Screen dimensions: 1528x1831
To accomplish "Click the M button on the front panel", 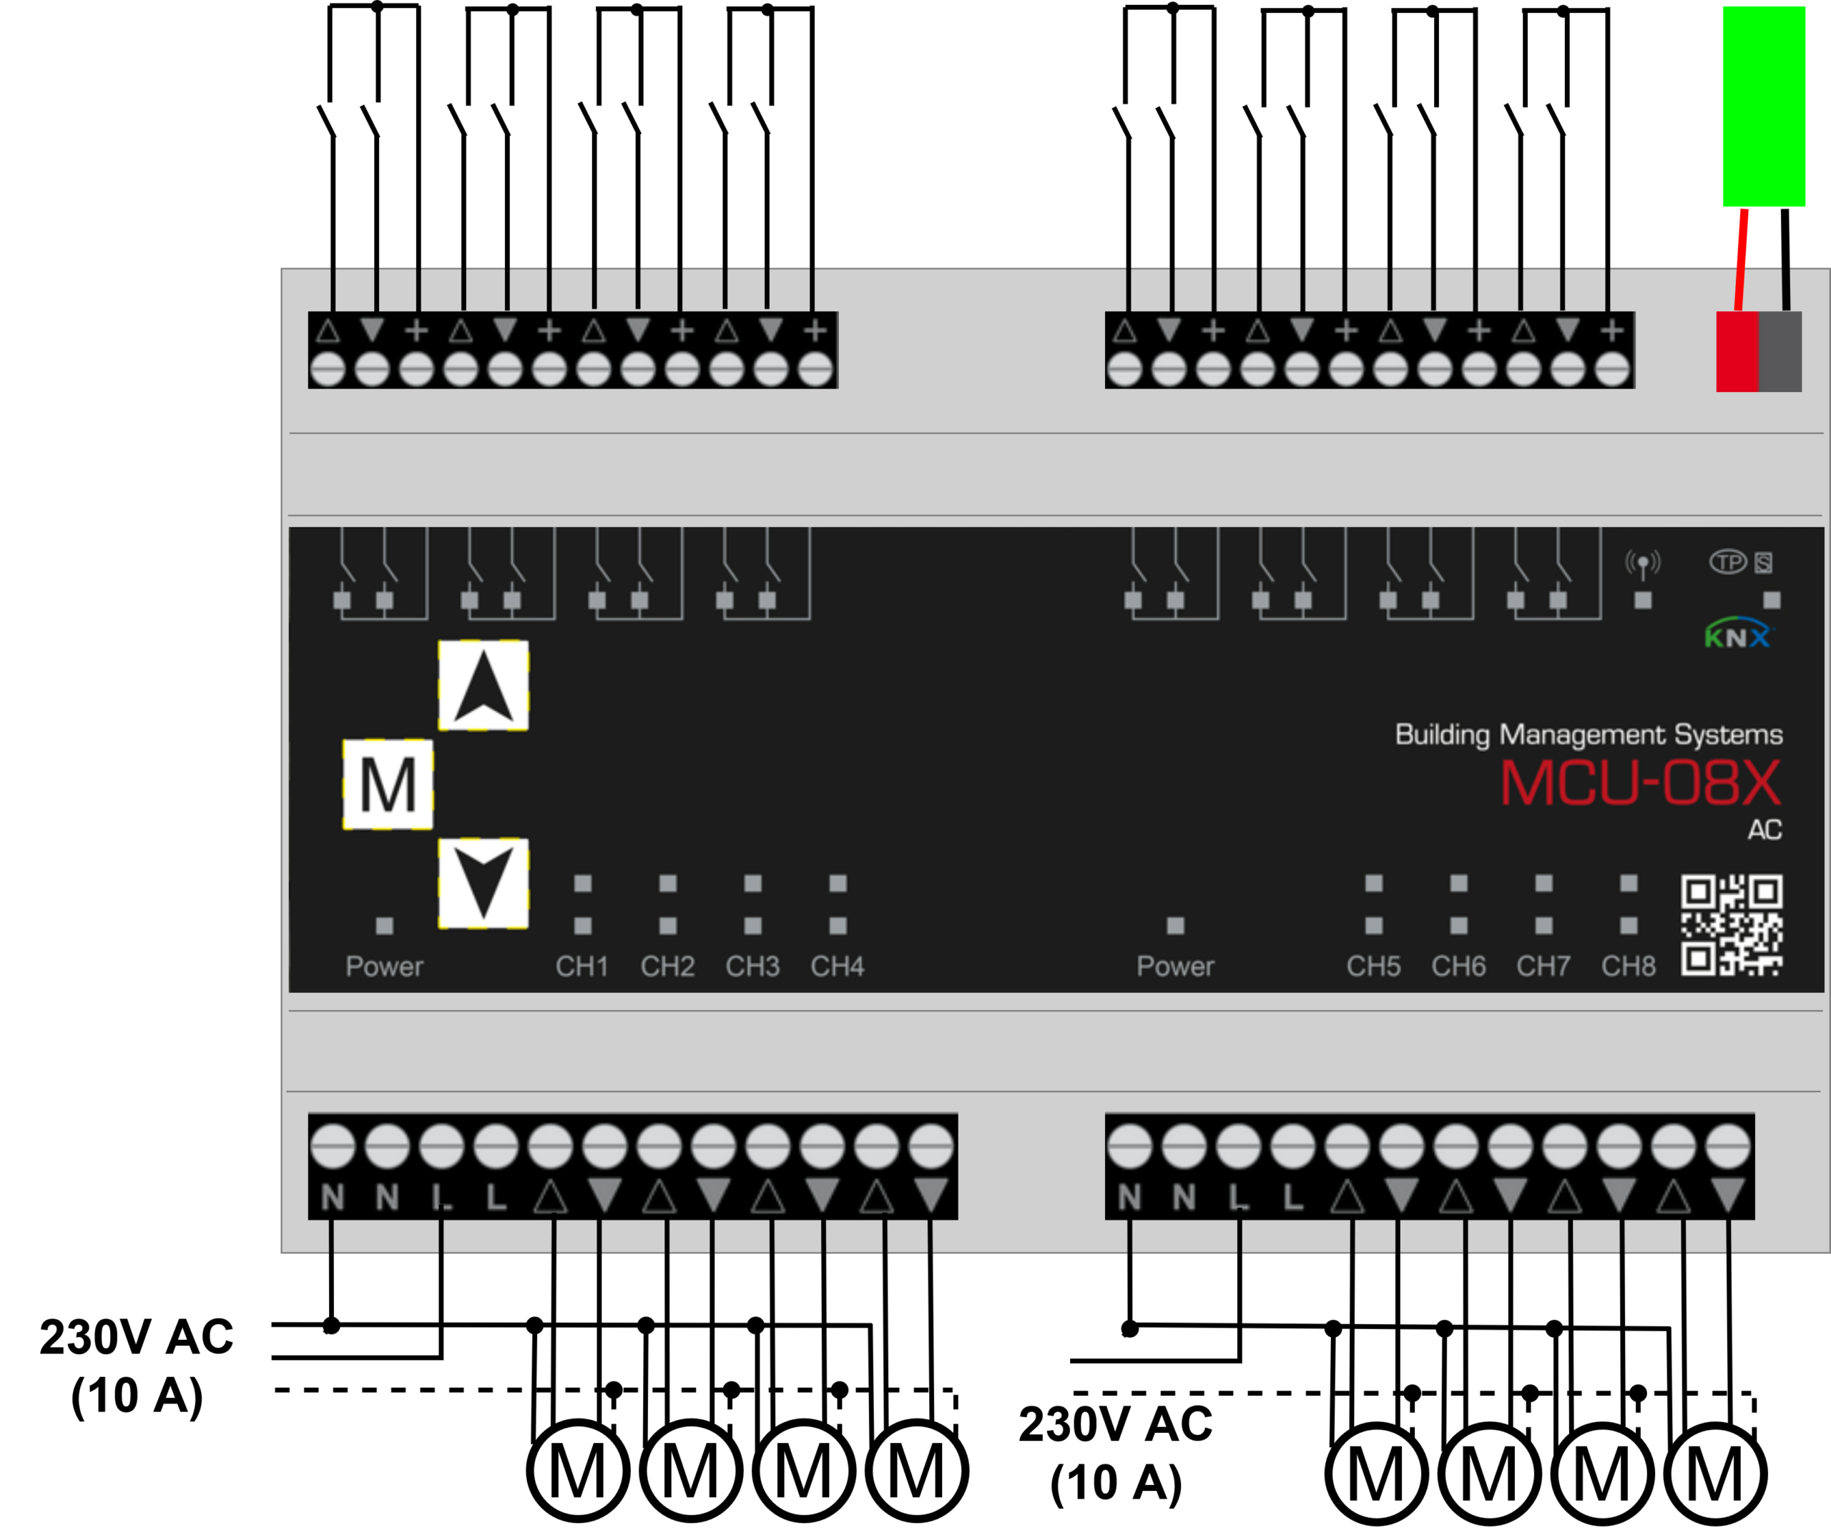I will tap(388, 785).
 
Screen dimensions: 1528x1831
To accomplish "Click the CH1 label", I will tap(581, 966).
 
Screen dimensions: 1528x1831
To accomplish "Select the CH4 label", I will tap(837, 966).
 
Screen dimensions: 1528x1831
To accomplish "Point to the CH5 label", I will tap(1373, 966).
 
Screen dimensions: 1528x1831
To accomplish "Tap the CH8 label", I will tap(1628, 966).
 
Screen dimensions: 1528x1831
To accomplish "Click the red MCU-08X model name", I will tap(1640, 783).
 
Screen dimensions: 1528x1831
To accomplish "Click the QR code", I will tap(1732, 926).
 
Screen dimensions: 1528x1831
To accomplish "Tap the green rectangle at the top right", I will tap(1764, 107).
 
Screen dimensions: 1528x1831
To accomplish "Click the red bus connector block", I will tap(1737, 351).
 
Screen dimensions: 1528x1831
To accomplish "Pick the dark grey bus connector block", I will tap(1780, 351).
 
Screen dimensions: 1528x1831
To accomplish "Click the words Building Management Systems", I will tap(1589, 735).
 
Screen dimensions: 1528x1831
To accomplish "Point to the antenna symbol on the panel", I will tap(1643, 564).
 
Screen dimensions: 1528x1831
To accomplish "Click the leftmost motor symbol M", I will tap(577, 1472).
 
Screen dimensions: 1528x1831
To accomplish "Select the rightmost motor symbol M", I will tap(1715, 1475).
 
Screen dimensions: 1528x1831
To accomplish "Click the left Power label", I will tap(383, 966).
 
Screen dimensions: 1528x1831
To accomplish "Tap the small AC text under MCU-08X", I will tap(1764, 829).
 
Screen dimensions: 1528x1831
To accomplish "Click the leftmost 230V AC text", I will tap(137, 1337).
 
